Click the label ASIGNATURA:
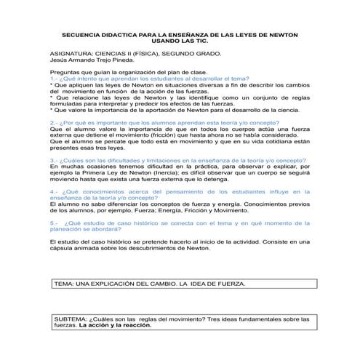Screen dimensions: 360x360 [72, 54]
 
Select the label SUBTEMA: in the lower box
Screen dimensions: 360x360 [71, 319]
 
